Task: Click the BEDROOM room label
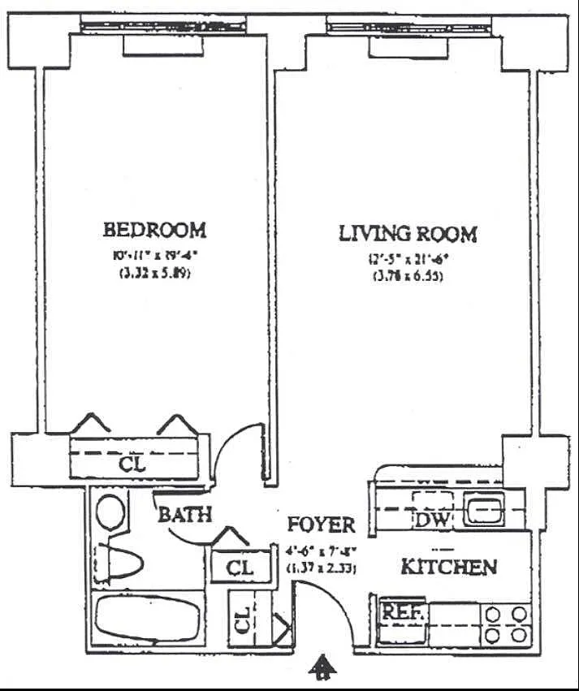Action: [154, 230]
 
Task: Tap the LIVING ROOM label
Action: [408, 234]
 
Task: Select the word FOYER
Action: [322, 524]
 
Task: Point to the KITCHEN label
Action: [448, 567]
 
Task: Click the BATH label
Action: [184, 514]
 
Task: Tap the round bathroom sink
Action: [111, 512]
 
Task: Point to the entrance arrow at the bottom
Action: [323, 667]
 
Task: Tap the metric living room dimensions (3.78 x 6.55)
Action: [408, 276]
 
